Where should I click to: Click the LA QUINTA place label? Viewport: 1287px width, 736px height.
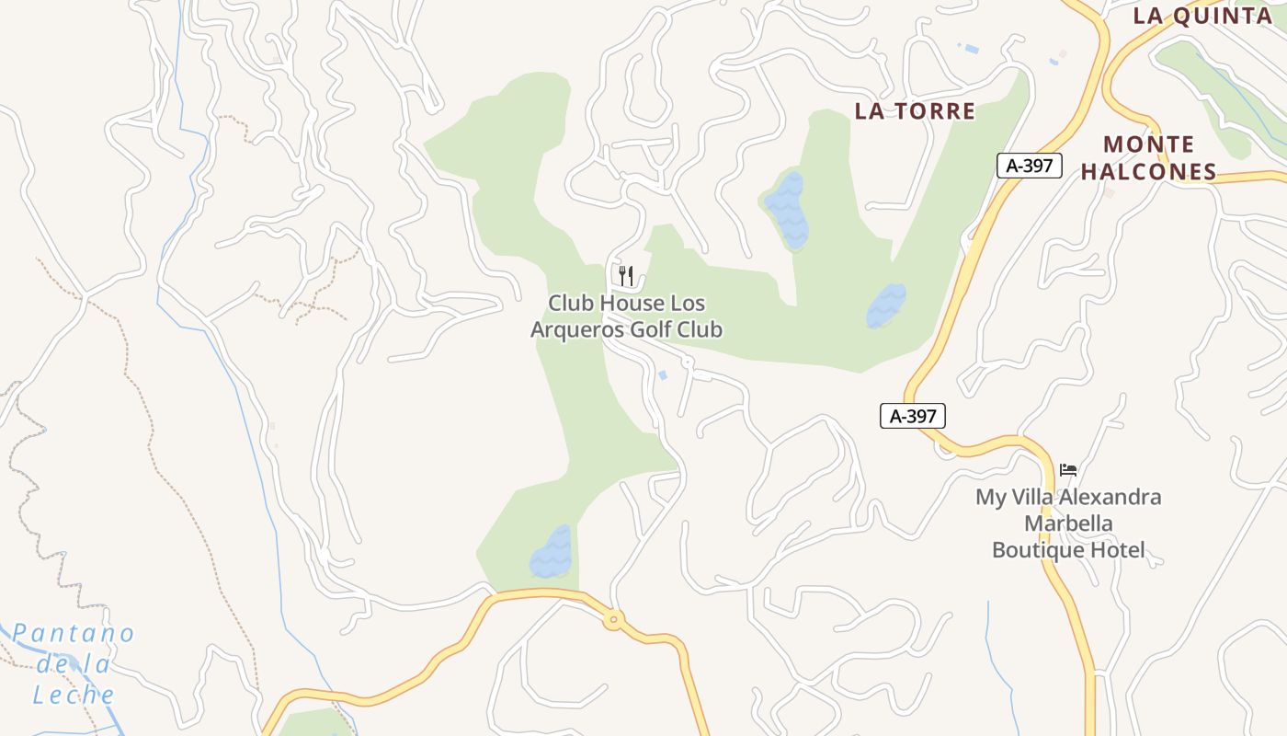1202,16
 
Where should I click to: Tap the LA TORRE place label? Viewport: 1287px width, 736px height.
915,111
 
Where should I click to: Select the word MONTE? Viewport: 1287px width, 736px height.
1149,144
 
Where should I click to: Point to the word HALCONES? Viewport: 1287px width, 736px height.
1148,172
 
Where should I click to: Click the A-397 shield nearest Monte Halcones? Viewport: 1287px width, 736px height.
1030,166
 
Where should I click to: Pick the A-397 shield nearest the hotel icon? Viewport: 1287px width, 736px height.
912,416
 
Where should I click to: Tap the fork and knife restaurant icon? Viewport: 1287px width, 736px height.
626,275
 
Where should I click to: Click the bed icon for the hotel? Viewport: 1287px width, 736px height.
1067,470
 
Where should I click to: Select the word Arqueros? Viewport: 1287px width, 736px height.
578,329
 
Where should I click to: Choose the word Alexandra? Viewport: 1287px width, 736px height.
1110,498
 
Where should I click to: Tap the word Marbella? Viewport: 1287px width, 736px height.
1068,523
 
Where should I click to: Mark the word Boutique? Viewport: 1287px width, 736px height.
1036,550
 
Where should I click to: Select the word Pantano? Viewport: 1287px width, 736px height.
74,634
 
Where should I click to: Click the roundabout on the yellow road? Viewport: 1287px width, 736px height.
613,619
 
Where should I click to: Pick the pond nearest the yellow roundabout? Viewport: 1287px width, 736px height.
551,553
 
